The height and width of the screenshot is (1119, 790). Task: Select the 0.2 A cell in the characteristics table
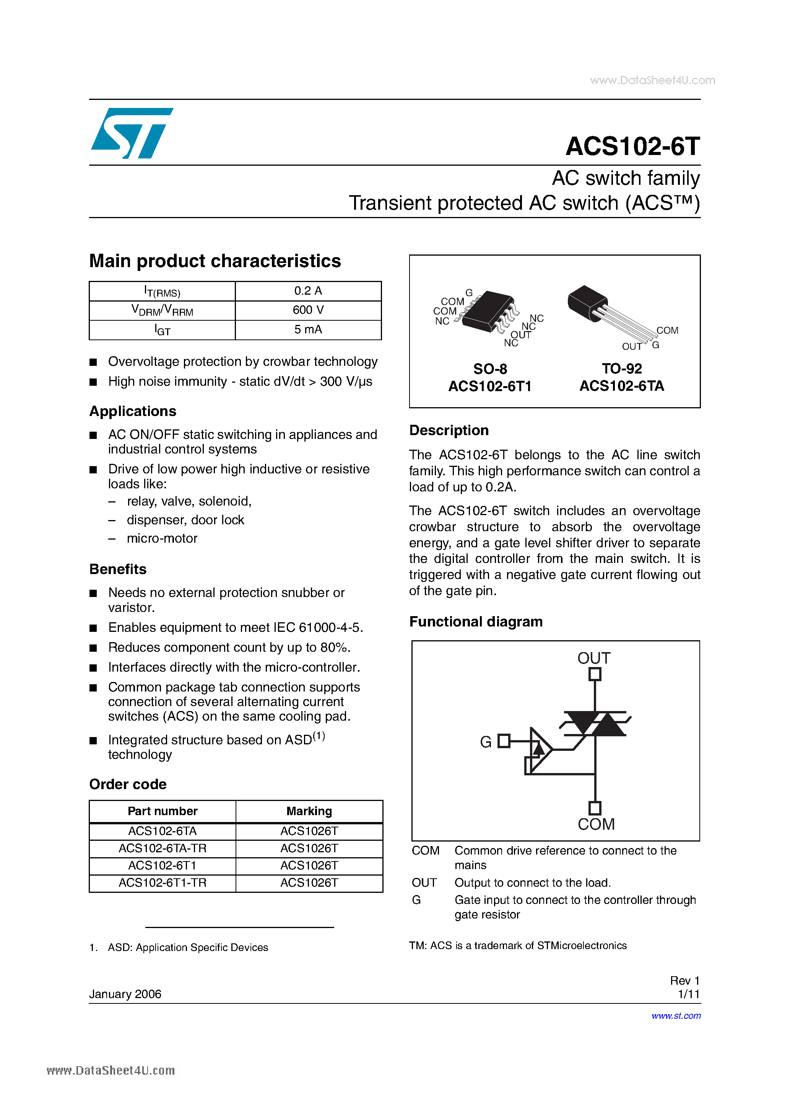click(308, 291)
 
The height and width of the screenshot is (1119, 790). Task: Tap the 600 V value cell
click(308, 310)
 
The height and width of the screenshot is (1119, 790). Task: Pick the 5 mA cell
click(308, 330)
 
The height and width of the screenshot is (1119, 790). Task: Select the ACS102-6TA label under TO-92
click(621, 386)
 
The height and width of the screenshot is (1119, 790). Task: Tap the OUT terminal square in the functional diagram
click(595, 674)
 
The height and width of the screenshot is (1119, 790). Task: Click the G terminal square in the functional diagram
click(504, 741)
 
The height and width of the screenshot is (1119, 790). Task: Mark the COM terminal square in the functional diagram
click(595, 807)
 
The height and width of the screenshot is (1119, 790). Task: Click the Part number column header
click(162, 811)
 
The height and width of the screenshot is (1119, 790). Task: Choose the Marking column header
click(309, 811)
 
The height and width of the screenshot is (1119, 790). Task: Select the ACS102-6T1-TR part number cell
click(162, 882)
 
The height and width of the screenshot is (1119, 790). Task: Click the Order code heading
click(128, 784)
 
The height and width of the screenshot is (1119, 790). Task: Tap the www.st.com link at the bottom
click(676, 1016)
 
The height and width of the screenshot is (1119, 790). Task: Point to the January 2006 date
click(125, 994)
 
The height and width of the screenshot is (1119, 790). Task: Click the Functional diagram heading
click(475, 622)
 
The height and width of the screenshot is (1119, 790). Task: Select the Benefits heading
click(118, 569)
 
